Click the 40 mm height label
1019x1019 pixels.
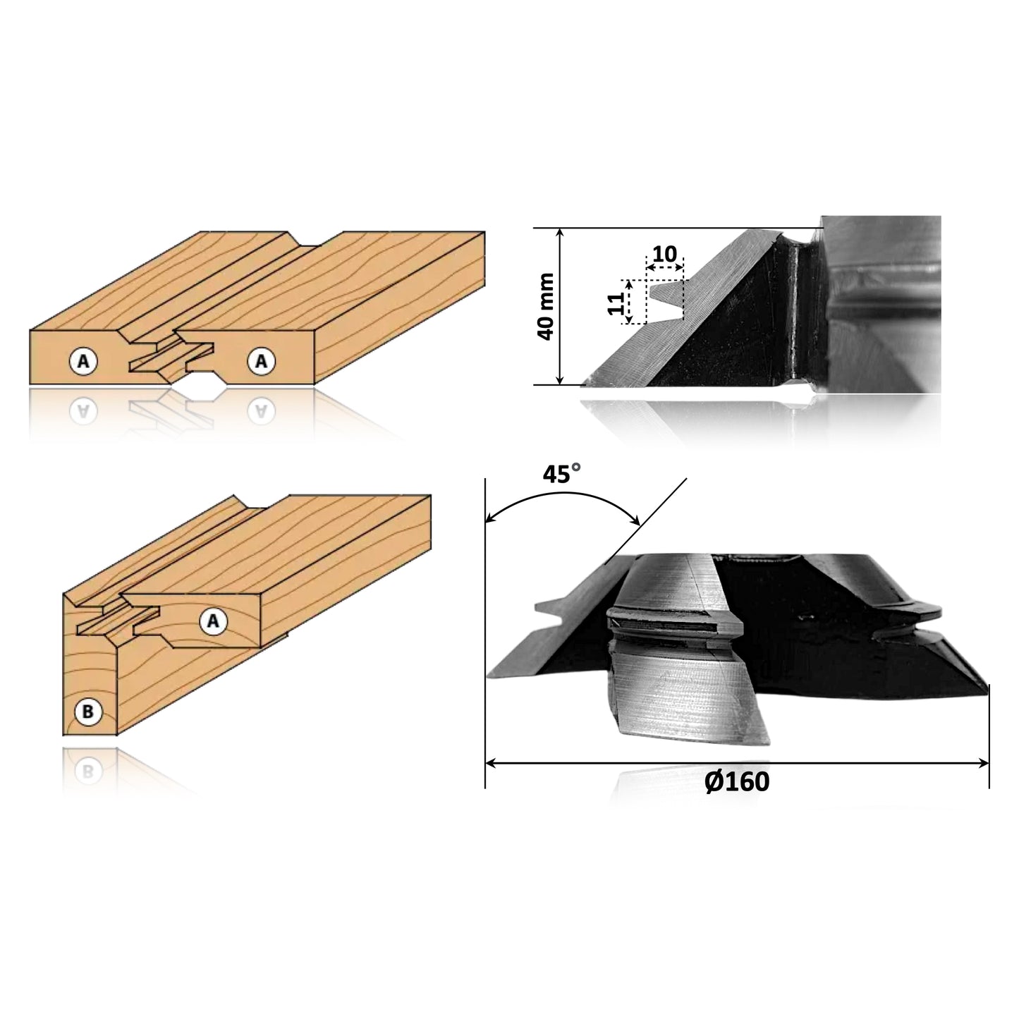(546, 307)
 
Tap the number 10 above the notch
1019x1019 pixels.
(664, 255)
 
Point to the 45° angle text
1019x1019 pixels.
(562, 475)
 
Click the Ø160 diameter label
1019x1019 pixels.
(737, 781)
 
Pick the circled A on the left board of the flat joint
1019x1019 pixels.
(83, 362)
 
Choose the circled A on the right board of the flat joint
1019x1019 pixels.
(261, 361)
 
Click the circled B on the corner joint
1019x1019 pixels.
(87, 712)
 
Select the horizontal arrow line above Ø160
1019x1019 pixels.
(737, 762)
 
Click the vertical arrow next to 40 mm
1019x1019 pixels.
(560, 307)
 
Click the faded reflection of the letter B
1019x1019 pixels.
(86, 770)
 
